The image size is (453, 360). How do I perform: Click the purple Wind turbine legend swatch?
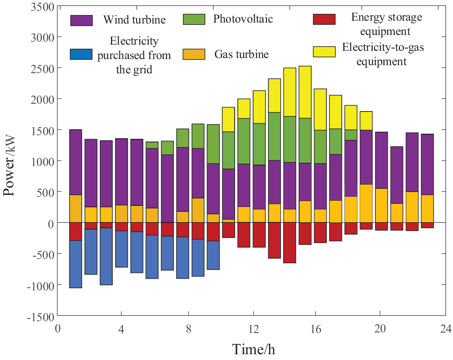click(81, 20)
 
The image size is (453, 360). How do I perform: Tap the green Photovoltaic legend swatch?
click(194, 19)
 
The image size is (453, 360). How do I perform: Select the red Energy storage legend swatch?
click(324, 19)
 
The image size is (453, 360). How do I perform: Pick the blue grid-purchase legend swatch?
click(81, 54)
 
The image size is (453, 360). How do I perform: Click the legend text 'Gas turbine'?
click(241, 54)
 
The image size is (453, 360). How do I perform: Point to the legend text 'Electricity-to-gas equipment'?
click(383, 54)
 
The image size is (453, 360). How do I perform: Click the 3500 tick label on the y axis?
click(42, 7)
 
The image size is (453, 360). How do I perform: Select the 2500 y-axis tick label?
click(42, 69)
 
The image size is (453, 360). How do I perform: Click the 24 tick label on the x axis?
click(446, 329)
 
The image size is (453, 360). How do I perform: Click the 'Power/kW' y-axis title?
click(9, 165)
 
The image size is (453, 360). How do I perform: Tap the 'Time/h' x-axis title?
click(254, 349)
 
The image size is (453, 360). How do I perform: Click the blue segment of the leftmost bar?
click(75, 264)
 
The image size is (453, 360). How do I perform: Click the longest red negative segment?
click(289, 243)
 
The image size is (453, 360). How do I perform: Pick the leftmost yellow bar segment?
click(228, 120)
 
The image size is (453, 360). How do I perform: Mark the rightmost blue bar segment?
click(213, 255)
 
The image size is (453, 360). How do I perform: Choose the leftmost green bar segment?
click(152, 145)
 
